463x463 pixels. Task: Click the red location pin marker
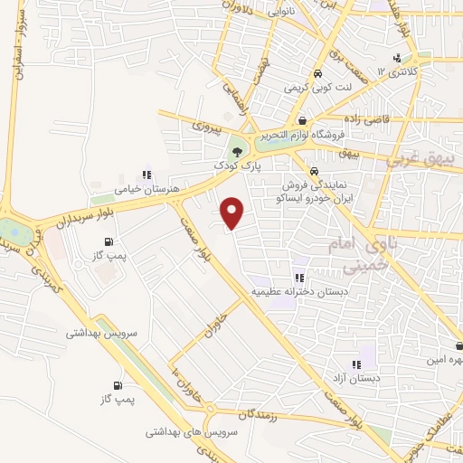click(x=233, y=213)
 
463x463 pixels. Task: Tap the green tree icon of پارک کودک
click(x=238, y=151)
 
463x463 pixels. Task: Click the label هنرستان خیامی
click(x=141, y=191)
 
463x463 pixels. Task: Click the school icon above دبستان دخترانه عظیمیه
click(x=298, y=278)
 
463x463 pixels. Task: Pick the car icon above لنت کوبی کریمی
click(x=317, y=74)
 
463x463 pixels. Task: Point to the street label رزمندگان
click(x=262, y=415)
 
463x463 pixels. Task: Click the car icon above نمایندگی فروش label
click(x=313, y=171)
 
